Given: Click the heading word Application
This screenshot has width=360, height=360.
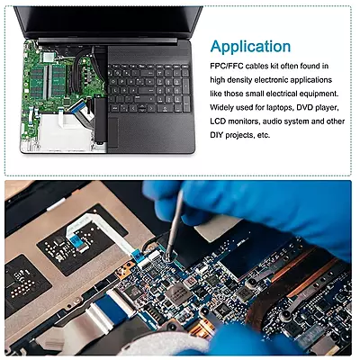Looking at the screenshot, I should [x=250, y=46].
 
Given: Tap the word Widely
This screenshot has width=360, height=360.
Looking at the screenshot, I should [x=225, y=108].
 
